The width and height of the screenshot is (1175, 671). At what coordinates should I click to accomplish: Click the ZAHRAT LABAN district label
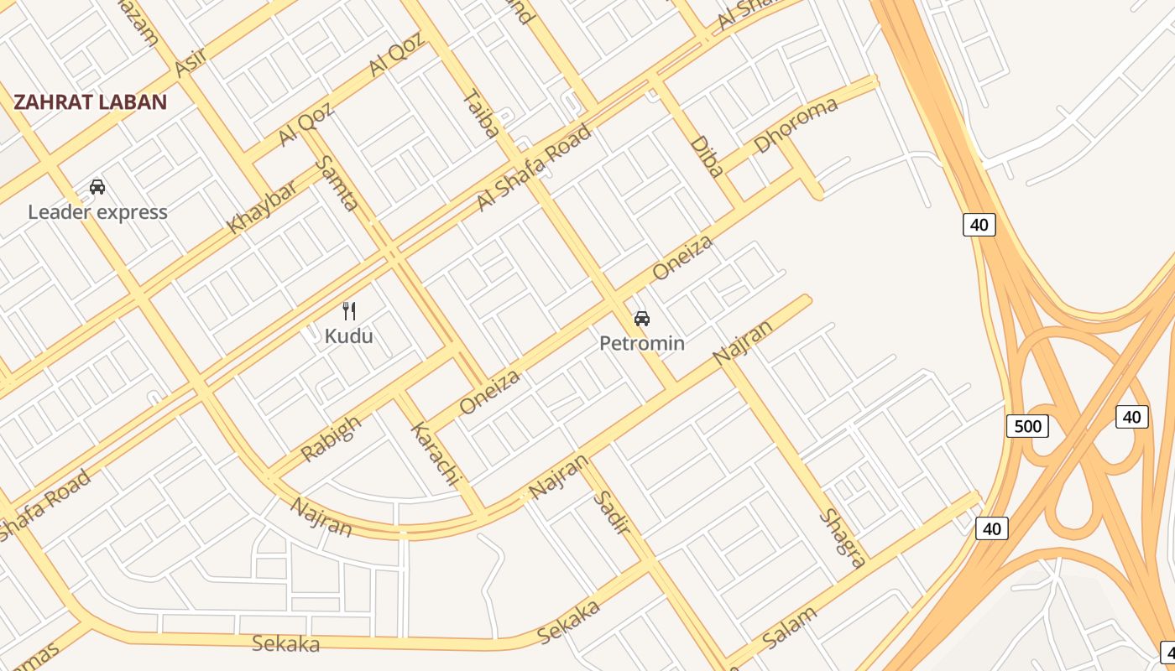click(x=91, y=102)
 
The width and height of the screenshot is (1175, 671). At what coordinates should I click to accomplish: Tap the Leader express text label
click(x=97, y=212)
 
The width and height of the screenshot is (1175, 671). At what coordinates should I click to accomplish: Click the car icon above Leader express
click(x=97, y=187)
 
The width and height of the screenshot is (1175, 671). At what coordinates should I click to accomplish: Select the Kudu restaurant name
click(x=348, y=336)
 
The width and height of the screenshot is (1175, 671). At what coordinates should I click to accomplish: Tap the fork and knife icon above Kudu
click(x=349, y=311)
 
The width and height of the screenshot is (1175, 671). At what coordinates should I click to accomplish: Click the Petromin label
click(x=642, y=343)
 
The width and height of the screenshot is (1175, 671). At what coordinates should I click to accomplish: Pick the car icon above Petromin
click(x=642, y=319)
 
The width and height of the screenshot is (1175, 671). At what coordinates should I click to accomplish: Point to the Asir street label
click(x=191, y=61)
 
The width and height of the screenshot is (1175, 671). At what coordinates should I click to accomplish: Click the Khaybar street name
click(x=262, y=207)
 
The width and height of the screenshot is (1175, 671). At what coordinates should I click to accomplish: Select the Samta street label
click(x=340, y=183)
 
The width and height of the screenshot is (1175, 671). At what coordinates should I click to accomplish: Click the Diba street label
click(x=707, y=156)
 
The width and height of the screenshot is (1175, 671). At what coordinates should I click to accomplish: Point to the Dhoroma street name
click(x=796, y=125)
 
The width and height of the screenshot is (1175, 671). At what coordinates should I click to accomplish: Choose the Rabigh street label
click(x=331, y=438)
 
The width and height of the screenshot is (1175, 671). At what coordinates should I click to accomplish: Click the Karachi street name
click(x=436, y=455)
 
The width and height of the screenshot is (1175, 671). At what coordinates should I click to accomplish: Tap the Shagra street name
click(x=842, y=538)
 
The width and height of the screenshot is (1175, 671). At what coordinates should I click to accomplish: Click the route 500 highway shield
click(x=1027, y=426)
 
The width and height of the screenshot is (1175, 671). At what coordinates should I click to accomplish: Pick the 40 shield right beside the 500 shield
click(x=1131, y=417)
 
